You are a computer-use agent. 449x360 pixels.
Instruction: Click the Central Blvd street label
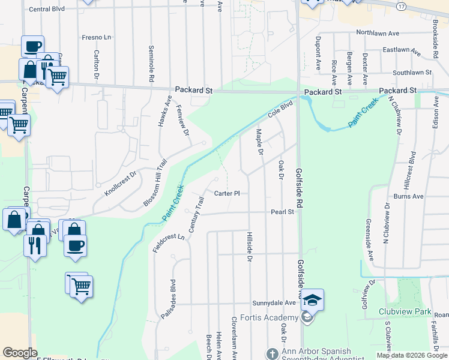pos(46,9)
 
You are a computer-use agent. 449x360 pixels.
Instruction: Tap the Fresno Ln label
pos(97,37)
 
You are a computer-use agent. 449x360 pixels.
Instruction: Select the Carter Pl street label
pos(227,193)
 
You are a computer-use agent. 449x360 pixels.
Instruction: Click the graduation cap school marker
pos(312,299)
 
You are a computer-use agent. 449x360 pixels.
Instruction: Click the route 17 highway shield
pos(400,5)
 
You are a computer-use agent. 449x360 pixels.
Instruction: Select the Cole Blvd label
pos(280,109)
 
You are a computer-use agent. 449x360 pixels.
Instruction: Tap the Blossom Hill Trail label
pos(154,184)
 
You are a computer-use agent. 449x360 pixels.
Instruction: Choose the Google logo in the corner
pos(20,353)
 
